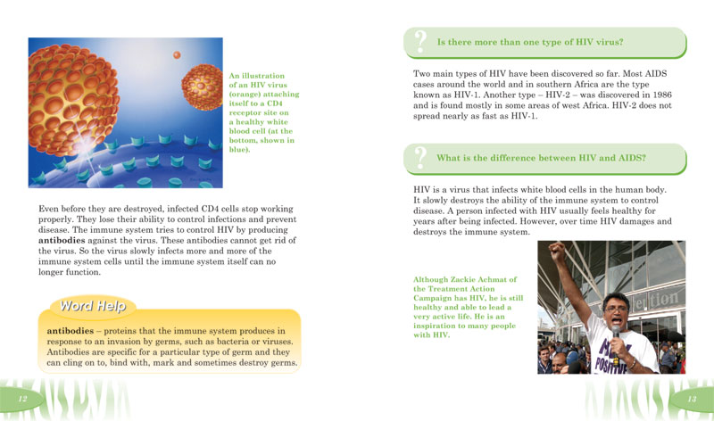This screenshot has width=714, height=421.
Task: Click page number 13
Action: click(690, 398)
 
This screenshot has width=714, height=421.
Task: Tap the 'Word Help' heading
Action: click(93, 307)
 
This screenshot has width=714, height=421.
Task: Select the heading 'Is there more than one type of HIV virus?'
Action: click(529, 42)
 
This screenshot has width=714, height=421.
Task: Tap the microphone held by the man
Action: click(615, 333)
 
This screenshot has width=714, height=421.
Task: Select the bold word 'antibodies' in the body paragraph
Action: click(68, 241)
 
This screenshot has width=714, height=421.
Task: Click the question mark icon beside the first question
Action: click(419, 41)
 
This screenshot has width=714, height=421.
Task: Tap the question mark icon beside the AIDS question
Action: click(419, 158)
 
